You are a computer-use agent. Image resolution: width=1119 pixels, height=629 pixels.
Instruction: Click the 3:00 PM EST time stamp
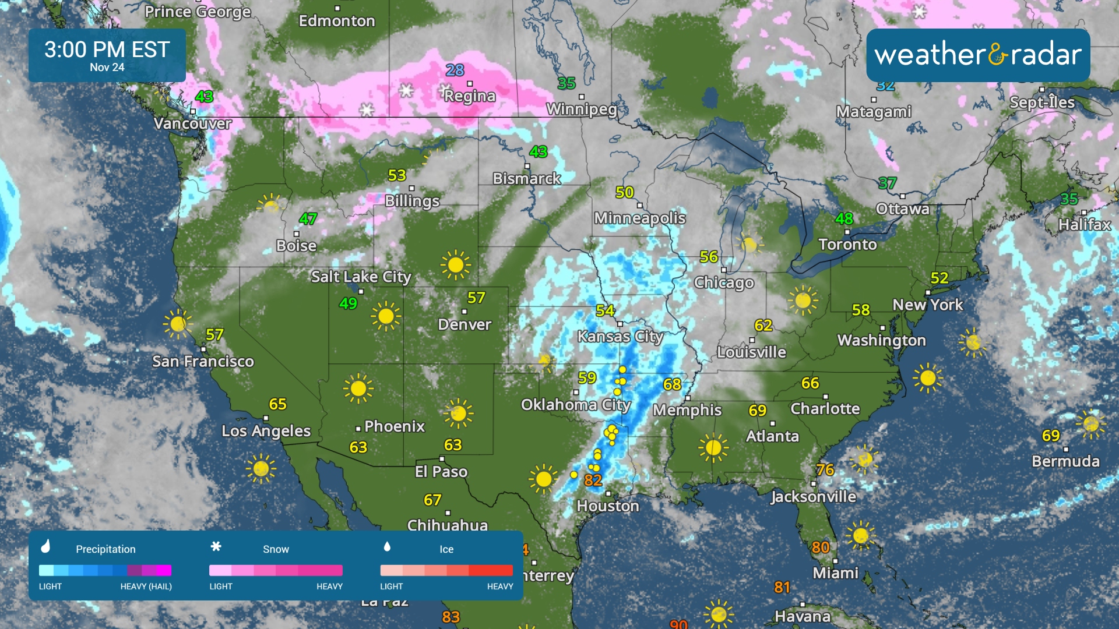pyautogui.click(x=107, y=50)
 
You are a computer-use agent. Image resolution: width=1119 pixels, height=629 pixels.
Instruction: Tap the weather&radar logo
pyautogui.click(x=978, y=55)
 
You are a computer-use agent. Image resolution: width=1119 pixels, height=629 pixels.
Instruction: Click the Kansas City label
pyautogui.click(x=620, y=337)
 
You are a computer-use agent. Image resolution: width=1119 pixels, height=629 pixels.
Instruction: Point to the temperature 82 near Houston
pyautogui.click(x=593, y=480)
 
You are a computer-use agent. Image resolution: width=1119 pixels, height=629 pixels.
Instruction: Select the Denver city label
pyautogui.click(x=465, y=324)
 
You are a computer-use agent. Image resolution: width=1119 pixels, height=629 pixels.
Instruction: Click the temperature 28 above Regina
pyautogui.click(x=455, y=70)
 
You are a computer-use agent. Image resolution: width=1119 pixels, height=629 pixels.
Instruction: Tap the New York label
pyautogui.click(x=927, y=305)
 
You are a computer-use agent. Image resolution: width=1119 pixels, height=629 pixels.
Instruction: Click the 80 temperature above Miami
pyautogui.click(x=820, y=547)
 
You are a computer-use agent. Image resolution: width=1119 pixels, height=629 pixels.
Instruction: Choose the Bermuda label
pyautogui.click(x=1065, y=461)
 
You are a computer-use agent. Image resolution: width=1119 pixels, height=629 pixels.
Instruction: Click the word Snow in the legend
pyautogui.click(x=276, y=549)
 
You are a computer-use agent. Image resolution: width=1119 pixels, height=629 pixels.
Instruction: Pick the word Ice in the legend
pyautogui.click(x=446, y=549)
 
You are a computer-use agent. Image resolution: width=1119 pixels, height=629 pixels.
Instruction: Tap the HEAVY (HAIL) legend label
pyautogui.click(x=146, y=586)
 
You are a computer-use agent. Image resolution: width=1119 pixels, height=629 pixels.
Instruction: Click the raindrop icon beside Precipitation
pyautogui.click(x=46, y=546)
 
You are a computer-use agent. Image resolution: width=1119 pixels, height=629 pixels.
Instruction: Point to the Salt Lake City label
pyautogui.click(x=361, y=277)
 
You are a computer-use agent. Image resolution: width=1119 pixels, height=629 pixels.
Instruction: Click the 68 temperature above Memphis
pyautogui.click(x=672, y=384)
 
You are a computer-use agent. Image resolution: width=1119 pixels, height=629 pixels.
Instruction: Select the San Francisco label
pyautogui.click(x=203, y=362)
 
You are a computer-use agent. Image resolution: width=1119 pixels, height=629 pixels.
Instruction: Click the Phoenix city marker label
pyautogui.click(x=394, y=426)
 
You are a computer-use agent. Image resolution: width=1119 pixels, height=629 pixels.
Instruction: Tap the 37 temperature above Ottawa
pyautogui.click(x=887, y=183)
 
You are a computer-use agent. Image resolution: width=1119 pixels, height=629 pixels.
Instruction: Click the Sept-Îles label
pyautogui.click(x=1041, y=103)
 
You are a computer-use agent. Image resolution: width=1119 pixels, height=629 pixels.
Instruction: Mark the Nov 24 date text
pyautogui.click(x=107, y=68)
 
